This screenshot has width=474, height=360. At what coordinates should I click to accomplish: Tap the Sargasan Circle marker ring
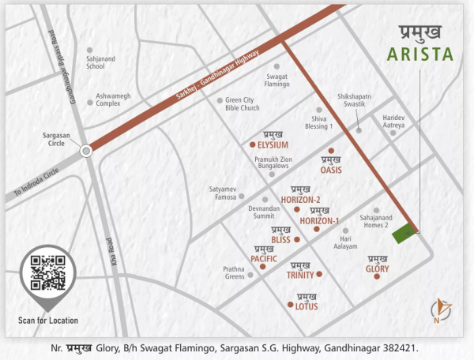click(87, 149)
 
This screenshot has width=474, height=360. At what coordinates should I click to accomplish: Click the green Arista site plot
click(406, 232)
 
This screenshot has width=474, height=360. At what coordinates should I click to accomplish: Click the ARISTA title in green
click(421, 55)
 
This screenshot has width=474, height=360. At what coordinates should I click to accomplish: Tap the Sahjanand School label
click(96, 62)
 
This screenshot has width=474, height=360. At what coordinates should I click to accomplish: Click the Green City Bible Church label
click(247, 105)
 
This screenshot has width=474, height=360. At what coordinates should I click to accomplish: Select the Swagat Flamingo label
click(276, 79)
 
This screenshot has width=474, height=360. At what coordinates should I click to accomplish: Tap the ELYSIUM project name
click(272, 145)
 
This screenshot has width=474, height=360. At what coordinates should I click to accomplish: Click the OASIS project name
click(330, 169)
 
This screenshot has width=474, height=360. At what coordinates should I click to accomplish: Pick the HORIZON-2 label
click(300, 200)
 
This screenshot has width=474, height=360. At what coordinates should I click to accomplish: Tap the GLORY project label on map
click(377, 269)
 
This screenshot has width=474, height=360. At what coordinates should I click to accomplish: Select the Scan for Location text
click(47, 321)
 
